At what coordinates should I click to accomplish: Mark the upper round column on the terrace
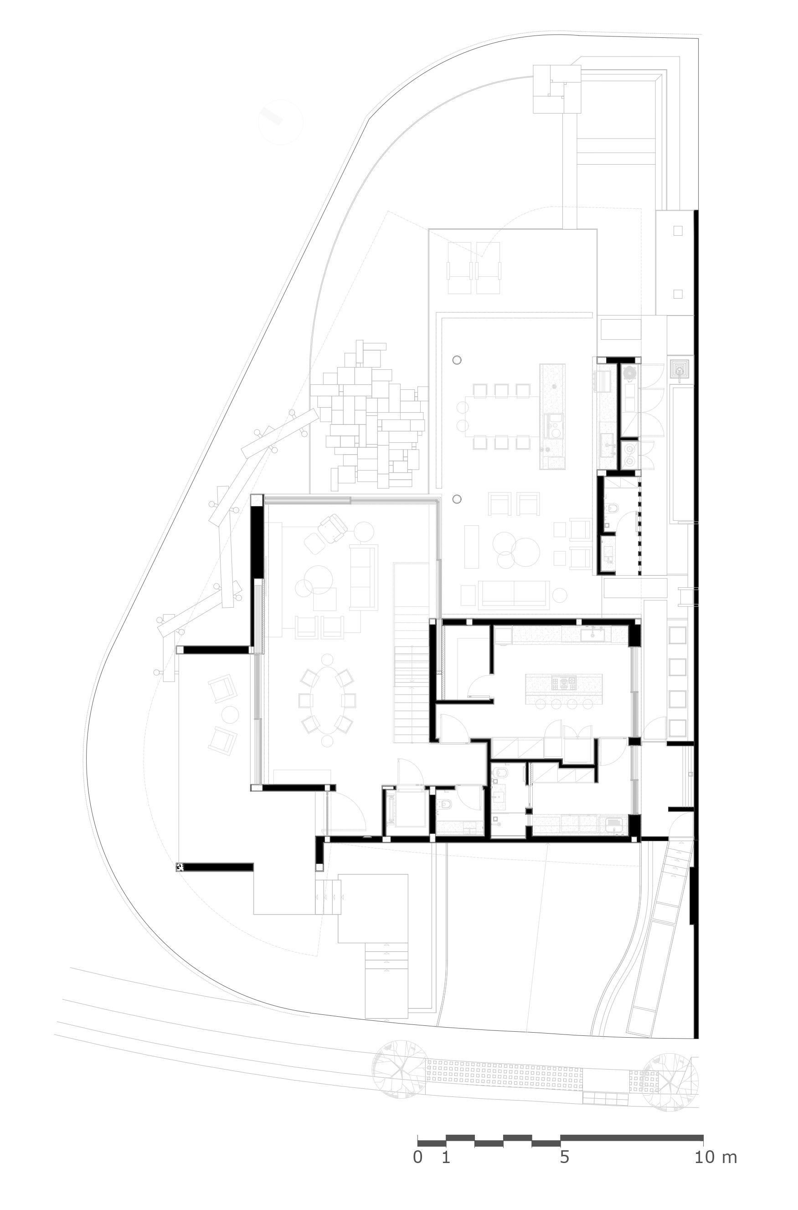point(457,360)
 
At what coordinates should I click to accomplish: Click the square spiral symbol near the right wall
point(680,368)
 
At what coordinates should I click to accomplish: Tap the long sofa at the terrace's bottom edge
point(514,595)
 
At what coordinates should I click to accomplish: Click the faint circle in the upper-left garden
point(280,122)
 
